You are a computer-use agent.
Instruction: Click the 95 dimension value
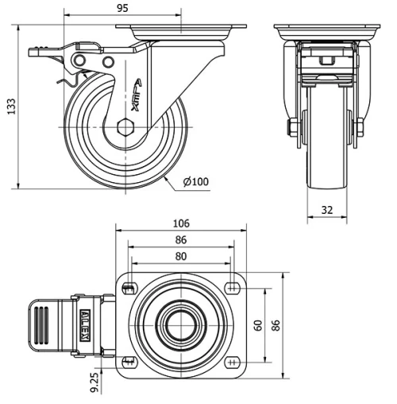[122, 9]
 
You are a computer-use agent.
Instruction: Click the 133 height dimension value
[10, 107]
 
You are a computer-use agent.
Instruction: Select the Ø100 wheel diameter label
[195, 182]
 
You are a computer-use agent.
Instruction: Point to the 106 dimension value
[181, 223]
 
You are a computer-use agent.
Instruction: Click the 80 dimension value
[181, 256]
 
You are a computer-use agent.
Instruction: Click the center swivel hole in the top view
[181, 325]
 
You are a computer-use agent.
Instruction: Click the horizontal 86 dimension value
[181, 239]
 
